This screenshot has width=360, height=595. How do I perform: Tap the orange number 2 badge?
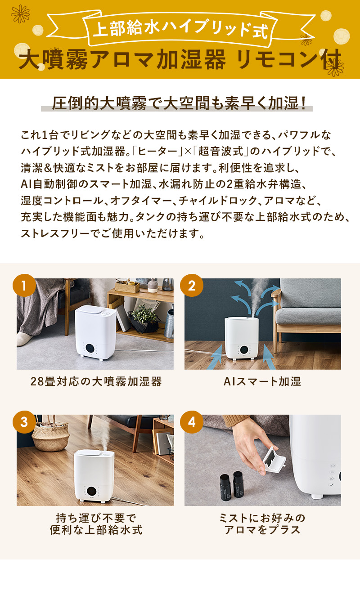point(192,286)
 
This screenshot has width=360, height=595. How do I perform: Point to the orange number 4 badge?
point(192,422)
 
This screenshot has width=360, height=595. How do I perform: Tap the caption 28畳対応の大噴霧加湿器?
point(95,382)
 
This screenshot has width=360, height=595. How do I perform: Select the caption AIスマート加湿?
point(262,382)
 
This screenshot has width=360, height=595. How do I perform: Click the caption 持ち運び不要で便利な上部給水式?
point(95,523)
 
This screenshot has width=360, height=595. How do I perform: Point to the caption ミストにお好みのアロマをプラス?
point(262,523)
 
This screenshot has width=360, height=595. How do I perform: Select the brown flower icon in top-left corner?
point(20,14)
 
